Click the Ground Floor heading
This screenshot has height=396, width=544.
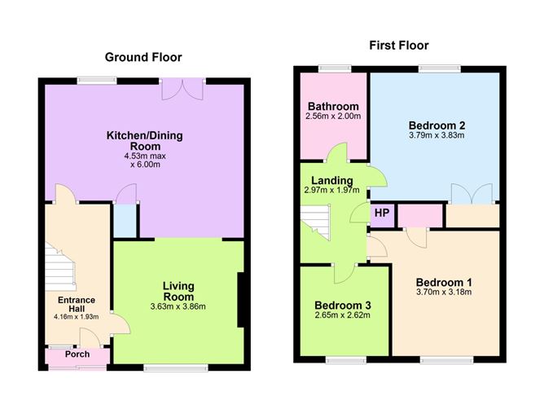(x=143, y=57)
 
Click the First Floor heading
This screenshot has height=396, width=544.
(x=398, y=46)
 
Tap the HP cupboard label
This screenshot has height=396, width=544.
(x=382, y=213)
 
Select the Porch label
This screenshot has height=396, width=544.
(x=77, y=354)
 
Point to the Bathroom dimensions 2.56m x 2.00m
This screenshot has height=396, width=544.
(x=333, y=117)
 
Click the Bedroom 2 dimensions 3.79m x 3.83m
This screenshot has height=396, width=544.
(x=437, y=135)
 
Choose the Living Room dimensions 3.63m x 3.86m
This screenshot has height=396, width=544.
(x=178, y=307)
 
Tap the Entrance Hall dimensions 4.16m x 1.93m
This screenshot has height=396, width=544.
(x=77, y=317)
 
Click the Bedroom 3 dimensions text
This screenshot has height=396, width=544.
(x=342, y=315)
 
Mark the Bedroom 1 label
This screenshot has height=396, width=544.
(x=444, y=283)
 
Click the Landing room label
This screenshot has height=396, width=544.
(x=332, y=180)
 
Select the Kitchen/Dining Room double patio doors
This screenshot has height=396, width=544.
(x=182, y=89)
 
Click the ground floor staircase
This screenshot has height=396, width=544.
(x=60, y=267)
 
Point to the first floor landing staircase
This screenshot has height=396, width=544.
(x=314, y=222)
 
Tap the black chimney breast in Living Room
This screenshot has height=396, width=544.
(x=241, y=300)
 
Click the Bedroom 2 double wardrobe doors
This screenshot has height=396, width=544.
(x=472, y=194)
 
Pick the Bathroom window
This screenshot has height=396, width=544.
(x=335, y=69)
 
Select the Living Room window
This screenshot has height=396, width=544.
(x=176, y=368)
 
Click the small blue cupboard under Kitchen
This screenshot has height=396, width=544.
(x=125, y=221)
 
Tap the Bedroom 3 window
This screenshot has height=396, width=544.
(x=346, y=360)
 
